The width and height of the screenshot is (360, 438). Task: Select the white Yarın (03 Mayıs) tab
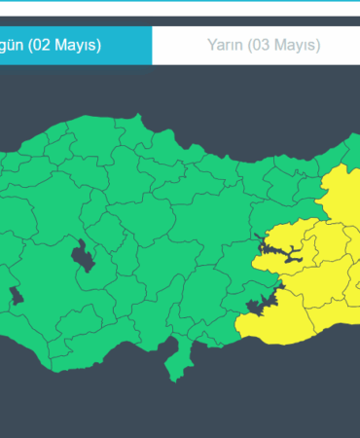click(x=263, y=45)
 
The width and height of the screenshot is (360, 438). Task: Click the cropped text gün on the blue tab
click(x=11, y=46)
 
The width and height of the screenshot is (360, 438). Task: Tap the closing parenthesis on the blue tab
click(x=98, y=45)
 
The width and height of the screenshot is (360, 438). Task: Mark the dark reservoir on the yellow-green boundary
click(x=258, y=309)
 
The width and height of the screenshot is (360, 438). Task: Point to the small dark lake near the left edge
click(x=15, y=295)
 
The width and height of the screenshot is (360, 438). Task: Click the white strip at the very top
click(x=180, y=7)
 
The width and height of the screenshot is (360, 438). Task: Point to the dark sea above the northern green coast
click(x=195, y=107)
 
